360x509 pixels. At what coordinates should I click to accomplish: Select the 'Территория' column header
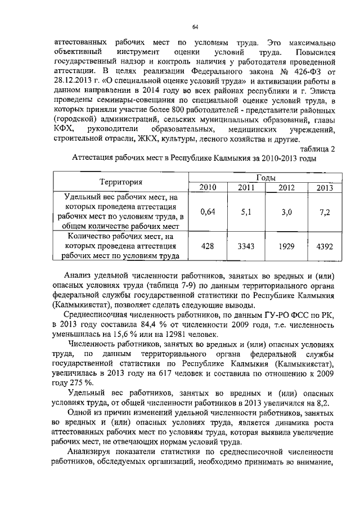click(x=121, y=182)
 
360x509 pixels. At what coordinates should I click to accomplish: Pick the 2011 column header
click(x=246, y=187)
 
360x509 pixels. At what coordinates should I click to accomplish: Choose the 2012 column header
click(x=286, y=187)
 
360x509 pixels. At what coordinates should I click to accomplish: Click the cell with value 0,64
click(x=207, y=211)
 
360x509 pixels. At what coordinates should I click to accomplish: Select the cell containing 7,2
click(x=323, y=211)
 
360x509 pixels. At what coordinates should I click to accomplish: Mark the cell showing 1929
click(x=286, y=246)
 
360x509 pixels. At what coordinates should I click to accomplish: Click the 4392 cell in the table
click(x=323, y=246)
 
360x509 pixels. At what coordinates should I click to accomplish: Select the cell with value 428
click(x=207, y=246)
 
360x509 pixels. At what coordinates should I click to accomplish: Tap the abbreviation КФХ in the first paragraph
click(x=64, y=129)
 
